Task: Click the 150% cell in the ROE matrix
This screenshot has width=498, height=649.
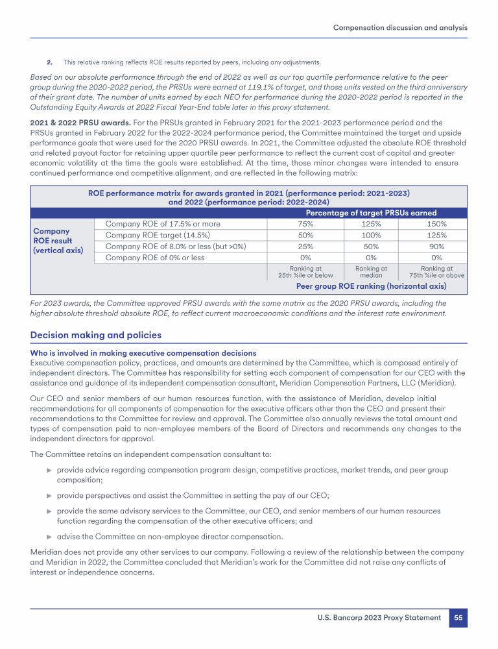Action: tap(433, 224)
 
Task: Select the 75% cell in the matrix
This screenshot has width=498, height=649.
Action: tap(305, 224)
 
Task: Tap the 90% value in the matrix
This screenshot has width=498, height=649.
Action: tap(433, 247)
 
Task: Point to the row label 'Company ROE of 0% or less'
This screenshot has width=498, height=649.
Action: tap(154, 258)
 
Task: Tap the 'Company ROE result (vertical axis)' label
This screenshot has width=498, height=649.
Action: tap(58, 240)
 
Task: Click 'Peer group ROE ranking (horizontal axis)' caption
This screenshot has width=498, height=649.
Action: tap(371, 286)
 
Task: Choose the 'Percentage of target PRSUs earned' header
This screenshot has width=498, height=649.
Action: tap(371, 213)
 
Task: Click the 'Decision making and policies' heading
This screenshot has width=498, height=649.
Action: tap(96, 335)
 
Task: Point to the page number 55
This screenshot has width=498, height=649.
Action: tap(458, 618)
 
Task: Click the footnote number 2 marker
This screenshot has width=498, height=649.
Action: tap(49, 62)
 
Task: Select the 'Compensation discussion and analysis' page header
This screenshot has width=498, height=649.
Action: tap(400, 27)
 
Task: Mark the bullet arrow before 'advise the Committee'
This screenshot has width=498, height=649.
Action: tap(49, 536)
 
